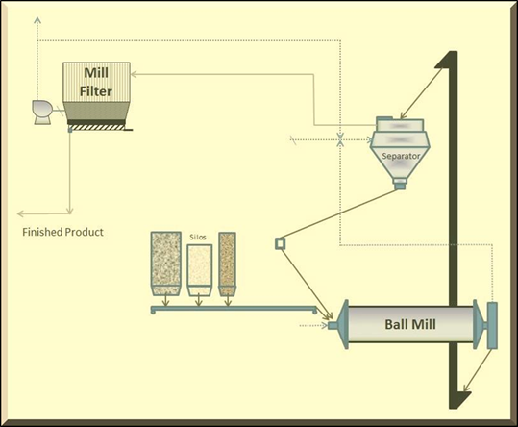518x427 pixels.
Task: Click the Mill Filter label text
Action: (96, 82)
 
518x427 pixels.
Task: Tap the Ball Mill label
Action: (410, 324)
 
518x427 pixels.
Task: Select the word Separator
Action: (401, 156)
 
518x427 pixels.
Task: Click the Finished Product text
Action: (62, 232)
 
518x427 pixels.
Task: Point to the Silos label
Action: (198, 237)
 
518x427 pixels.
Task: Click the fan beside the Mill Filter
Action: (42, 112)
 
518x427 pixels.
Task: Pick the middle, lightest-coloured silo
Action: (200, 270)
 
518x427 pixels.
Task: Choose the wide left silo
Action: (166, 264)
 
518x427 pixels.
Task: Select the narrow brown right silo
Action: (227, 264)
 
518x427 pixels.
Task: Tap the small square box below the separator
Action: (280, 243)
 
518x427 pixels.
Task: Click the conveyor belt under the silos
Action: (234, 309)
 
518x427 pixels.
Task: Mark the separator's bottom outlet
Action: (400, 184)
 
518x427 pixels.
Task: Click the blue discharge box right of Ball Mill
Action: (492, 325)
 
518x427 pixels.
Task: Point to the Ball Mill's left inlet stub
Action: (333, 325)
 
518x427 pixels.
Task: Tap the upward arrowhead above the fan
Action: (37, 20)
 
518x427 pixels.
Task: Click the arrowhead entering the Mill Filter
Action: (134, 74)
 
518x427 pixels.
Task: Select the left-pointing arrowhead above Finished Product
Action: (20, 214)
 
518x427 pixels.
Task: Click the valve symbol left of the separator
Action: (340, 139)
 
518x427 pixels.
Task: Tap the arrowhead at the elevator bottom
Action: (466, 388)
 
